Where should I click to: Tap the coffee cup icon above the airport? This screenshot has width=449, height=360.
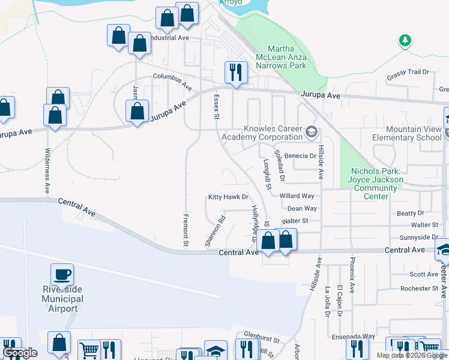(x=62, y=275)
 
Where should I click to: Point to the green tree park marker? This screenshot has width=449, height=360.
(x=405, y=41)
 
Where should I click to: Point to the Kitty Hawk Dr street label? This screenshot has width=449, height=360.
(x=228, y=197)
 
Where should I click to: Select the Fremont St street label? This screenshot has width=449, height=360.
(x=185, y=227)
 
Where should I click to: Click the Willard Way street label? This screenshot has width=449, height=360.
(x=297, y=196)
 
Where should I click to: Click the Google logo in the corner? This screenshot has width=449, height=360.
(x=20, y=353)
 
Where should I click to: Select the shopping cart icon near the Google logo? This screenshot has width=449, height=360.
(x=89, y=350)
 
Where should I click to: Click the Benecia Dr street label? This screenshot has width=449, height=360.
(x=300, y=155)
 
